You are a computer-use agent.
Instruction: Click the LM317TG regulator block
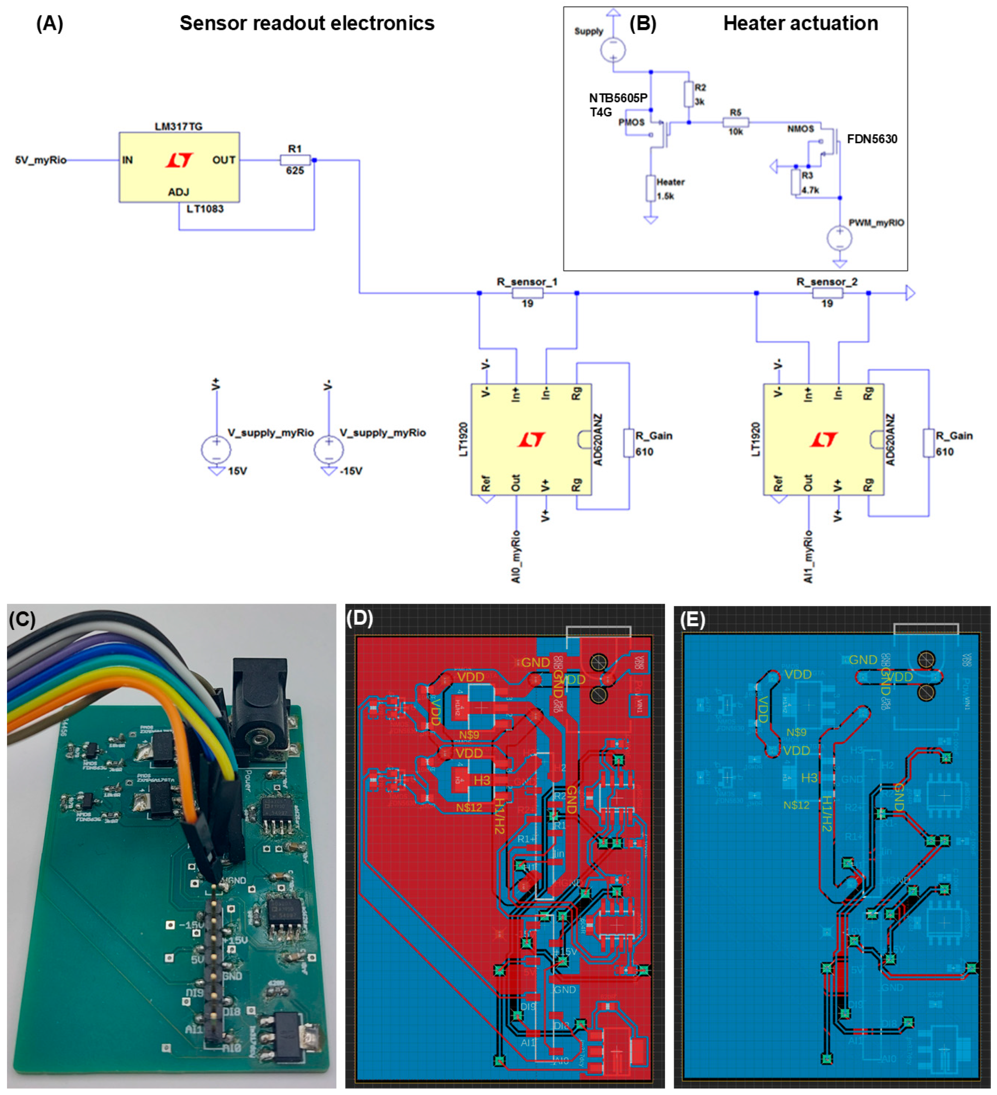point(179,167)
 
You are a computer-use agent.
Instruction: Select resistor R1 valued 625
point(295,160)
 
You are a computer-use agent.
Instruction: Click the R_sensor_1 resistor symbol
point(527,293)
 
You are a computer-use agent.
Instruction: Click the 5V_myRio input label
point(41,160)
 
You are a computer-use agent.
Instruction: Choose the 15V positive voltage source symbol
point(216,450)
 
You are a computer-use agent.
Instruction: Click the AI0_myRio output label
point(516,557)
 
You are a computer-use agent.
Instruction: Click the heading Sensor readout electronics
point(307,24)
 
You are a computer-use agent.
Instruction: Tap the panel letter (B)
point(643,24)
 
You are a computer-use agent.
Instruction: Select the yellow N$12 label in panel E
point(796,805)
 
